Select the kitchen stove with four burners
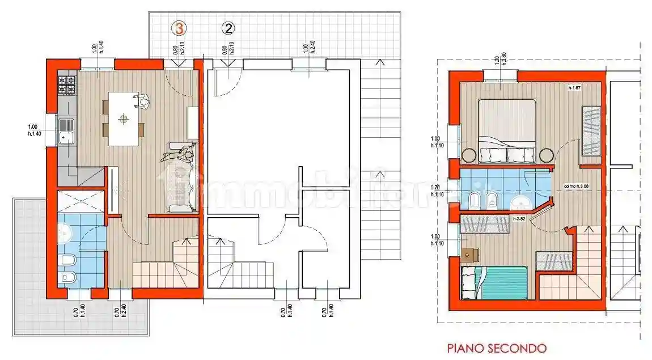(66, 87)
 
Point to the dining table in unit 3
(124, 118)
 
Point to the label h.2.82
(520, 218)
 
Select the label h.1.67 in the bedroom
(576, 88)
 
